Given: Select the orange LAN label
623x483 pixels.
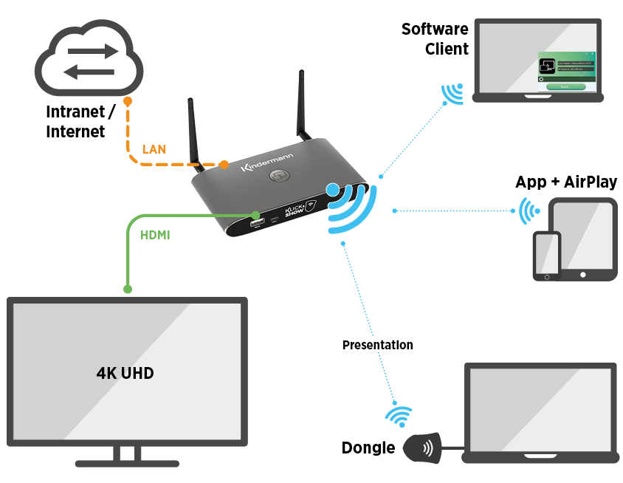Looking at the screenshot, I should [154, 149].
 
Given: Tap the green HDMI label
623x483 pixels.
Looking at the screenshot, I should [155, 235].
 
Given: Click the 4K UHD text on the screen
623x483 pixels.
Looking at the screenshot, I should [125, 373].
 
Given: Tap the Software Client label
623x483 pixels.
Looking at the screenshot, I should [435, 39].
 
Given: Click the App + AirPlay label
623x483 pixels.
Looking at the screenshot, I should [565, 182].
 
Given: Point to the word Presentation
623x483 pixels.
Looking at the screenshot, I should [377, 345].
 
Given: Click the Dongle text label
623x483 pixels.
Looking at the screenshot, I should [368, 448].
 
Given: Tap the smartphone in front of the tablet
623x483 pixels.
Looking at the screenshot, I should [547, 256].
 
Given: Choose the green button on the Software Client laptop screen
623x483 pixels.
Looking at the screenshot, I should [565, 86].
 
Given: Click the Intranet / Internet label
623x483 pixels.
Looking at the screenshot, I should [80, 122].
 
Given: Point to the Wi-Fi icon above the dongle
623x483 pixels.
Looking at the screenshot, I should [399, 417].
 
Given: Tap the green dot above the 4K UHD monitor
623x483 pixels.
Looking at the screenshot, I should [128, 289].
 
